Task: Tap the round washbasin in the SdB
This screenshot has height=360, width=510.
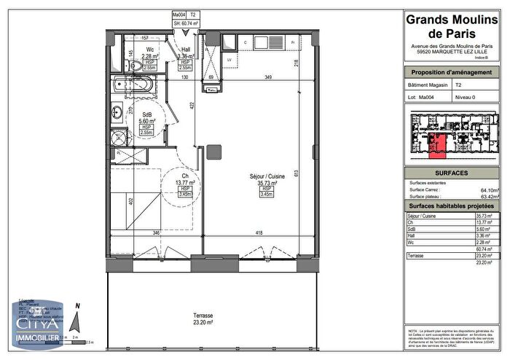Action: (117, 112)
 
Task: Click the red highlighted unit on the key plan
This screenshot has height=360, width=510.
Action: (437, 146)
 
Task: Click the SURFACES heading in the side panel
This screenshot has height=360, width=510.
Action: (456, 173)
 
